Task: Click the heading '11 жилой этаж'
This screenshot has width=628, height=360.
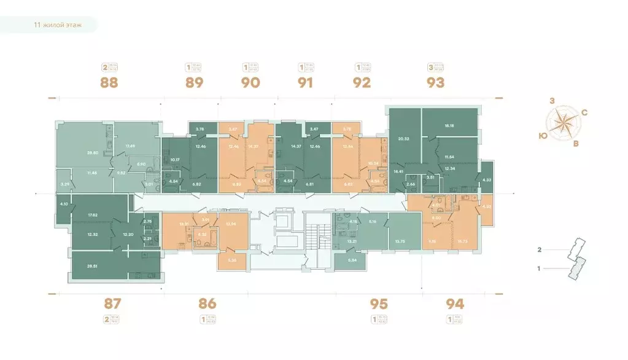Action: pyautogui.click(x=58, y=26)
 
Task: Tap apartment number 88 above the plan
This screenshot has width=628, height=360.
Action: pyautogui.click(x=109, y=82)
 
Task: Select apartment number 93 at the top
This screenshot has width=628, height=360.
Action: pyautogui.click(x=435, y=82)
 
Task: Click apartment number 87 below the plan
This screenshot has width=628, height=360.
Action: pyautogui.click(x=114, y=303)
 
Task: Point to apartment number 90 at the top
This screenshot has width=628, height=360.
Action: pyautogui.click(x=250, y=82)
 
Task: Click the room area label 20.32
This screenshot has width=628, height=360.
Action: pyautogui.click(x=404, y=139)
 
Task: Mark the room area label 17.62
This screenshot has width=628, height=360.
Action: pyautogui.click(x=93, y=215)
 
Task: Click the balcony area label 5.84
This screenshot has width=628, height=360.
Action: pyautogui.click(x=352, y=260)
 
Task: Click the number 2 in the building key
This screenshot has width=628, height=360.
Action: pyautogui.click(x=540, y=250)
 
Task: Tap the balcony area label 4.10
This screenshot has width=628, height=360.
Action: pyautogui.click(x=63, y=203)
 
